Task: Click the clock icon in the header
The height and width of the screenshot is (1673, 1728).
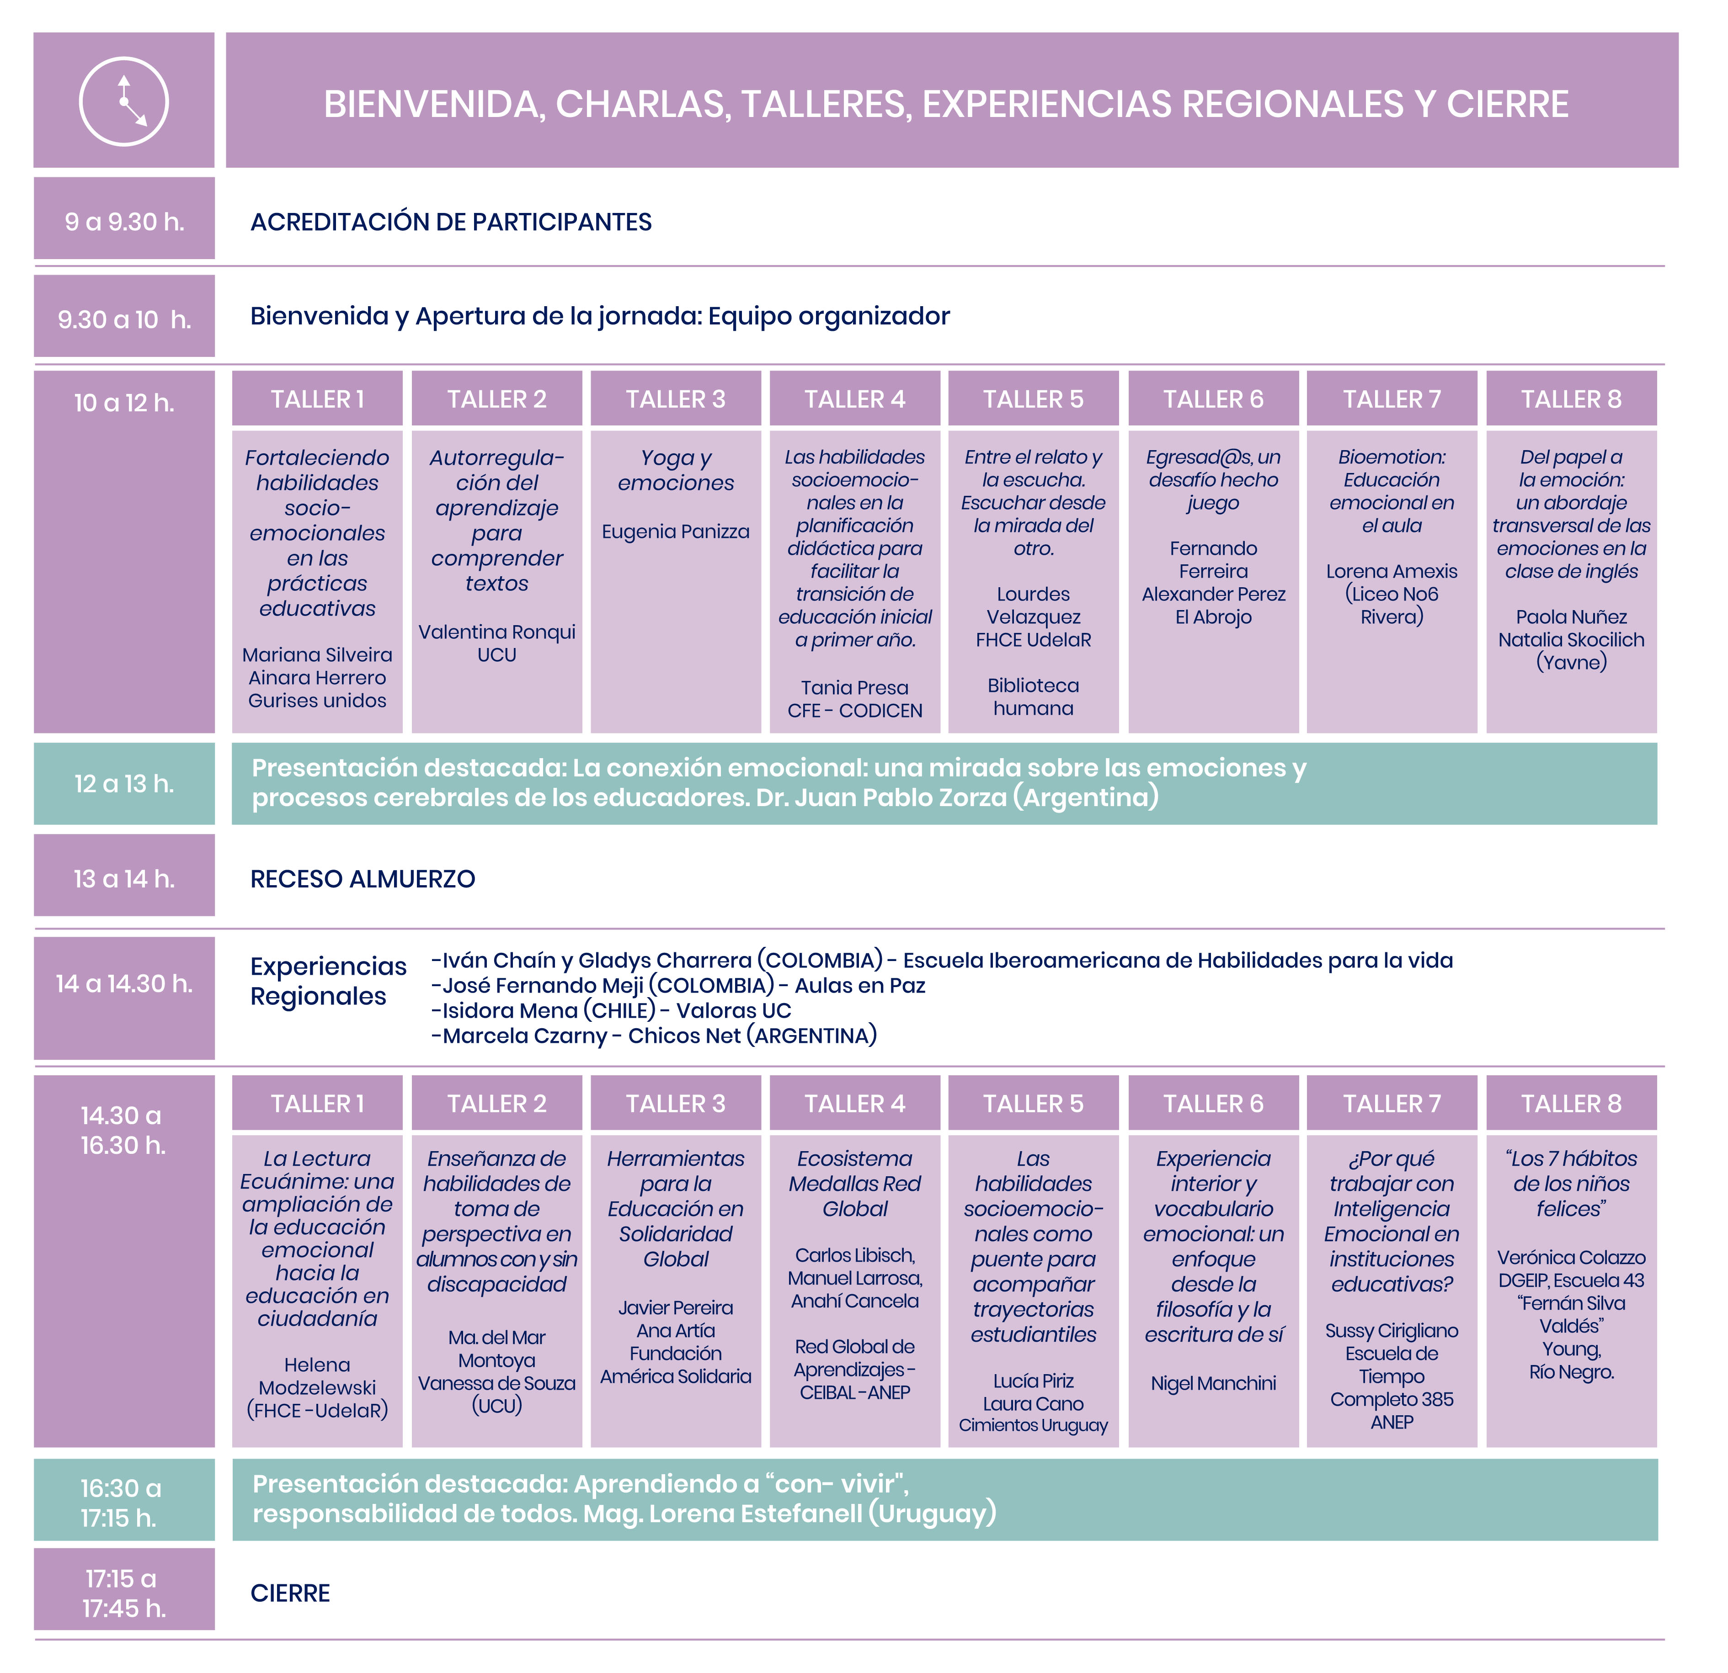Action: [124, 101]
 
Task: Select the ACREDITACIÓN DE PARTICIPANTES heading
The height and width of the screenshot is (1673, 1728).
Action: [451, 222]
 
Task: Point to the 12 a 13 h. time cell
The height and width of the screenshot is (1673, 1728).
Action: [124, 784]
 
